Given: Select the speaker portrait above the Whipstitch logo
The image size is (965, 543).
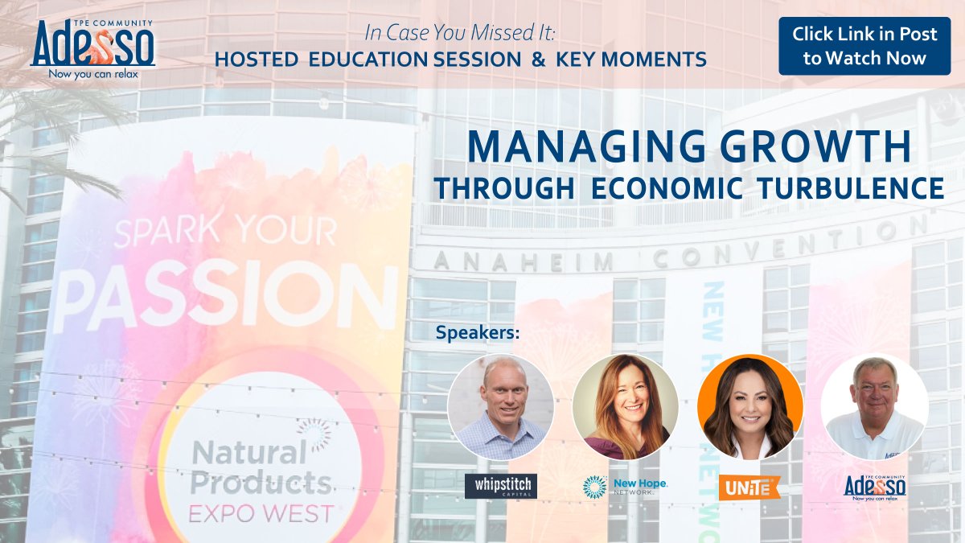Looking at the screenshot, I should click(500, 406).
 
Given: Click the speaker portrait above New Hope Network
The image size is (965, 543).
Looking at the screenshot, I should click(625, 406).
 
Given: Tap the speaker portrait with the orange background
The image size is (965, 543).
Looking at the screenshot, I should click(749, 406).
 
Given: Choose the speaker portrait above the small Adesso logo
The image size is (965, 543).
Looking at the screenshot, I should click(874, 406).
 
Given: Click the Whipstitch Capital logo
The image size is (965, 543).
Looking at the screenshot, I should click(500, 486).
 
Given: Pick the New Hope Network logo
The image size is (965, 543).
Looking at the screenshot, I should click(625, 486).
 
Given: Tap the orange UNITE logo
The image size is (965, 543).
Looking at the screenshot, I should click(749, 486).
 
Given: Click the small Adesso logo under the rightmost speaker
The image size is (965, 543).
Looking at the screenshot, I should click(874, 486).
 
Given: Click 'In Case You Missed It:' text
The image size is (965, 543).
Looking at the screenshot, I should click(461, 34).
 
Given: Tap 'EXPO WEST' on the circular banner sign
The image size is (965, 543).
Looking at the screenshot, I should click(261, 512).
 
